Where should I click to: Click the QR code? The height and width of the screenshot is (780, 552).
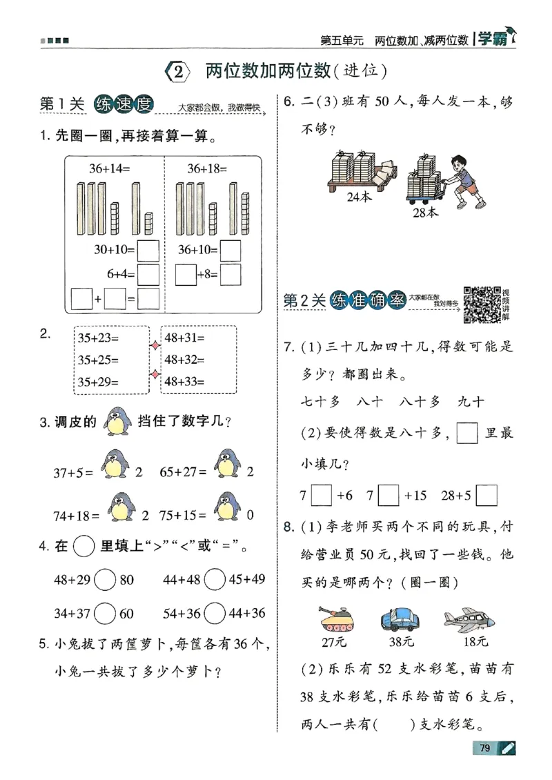tap(482, 303)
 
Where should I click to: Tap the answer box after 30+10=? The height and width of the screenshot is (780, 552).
tap(148, 249)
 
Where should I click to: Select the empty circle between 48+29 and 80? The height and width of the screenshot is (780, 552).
tap(106, 580)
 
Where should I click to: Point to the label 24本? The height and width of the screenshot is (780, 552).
tap(359, 196)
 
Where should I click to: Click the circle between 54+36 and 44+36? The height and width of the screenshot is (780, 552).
tap(215, 612)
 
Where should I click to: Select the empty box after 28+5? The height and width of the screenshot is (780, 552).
tap(486, 496)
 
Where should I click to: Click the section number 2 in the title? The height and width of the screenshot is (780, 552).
tap(178, 71)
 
